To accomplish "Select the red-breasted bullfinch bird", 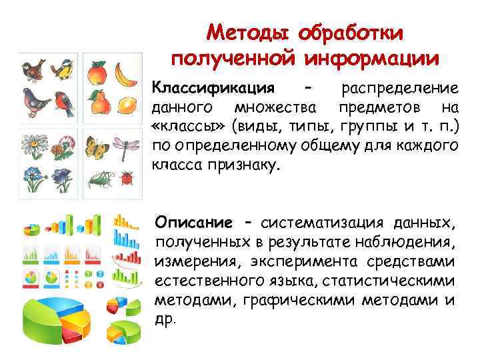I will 65,104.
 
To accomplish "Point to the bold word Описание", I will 193,222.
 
